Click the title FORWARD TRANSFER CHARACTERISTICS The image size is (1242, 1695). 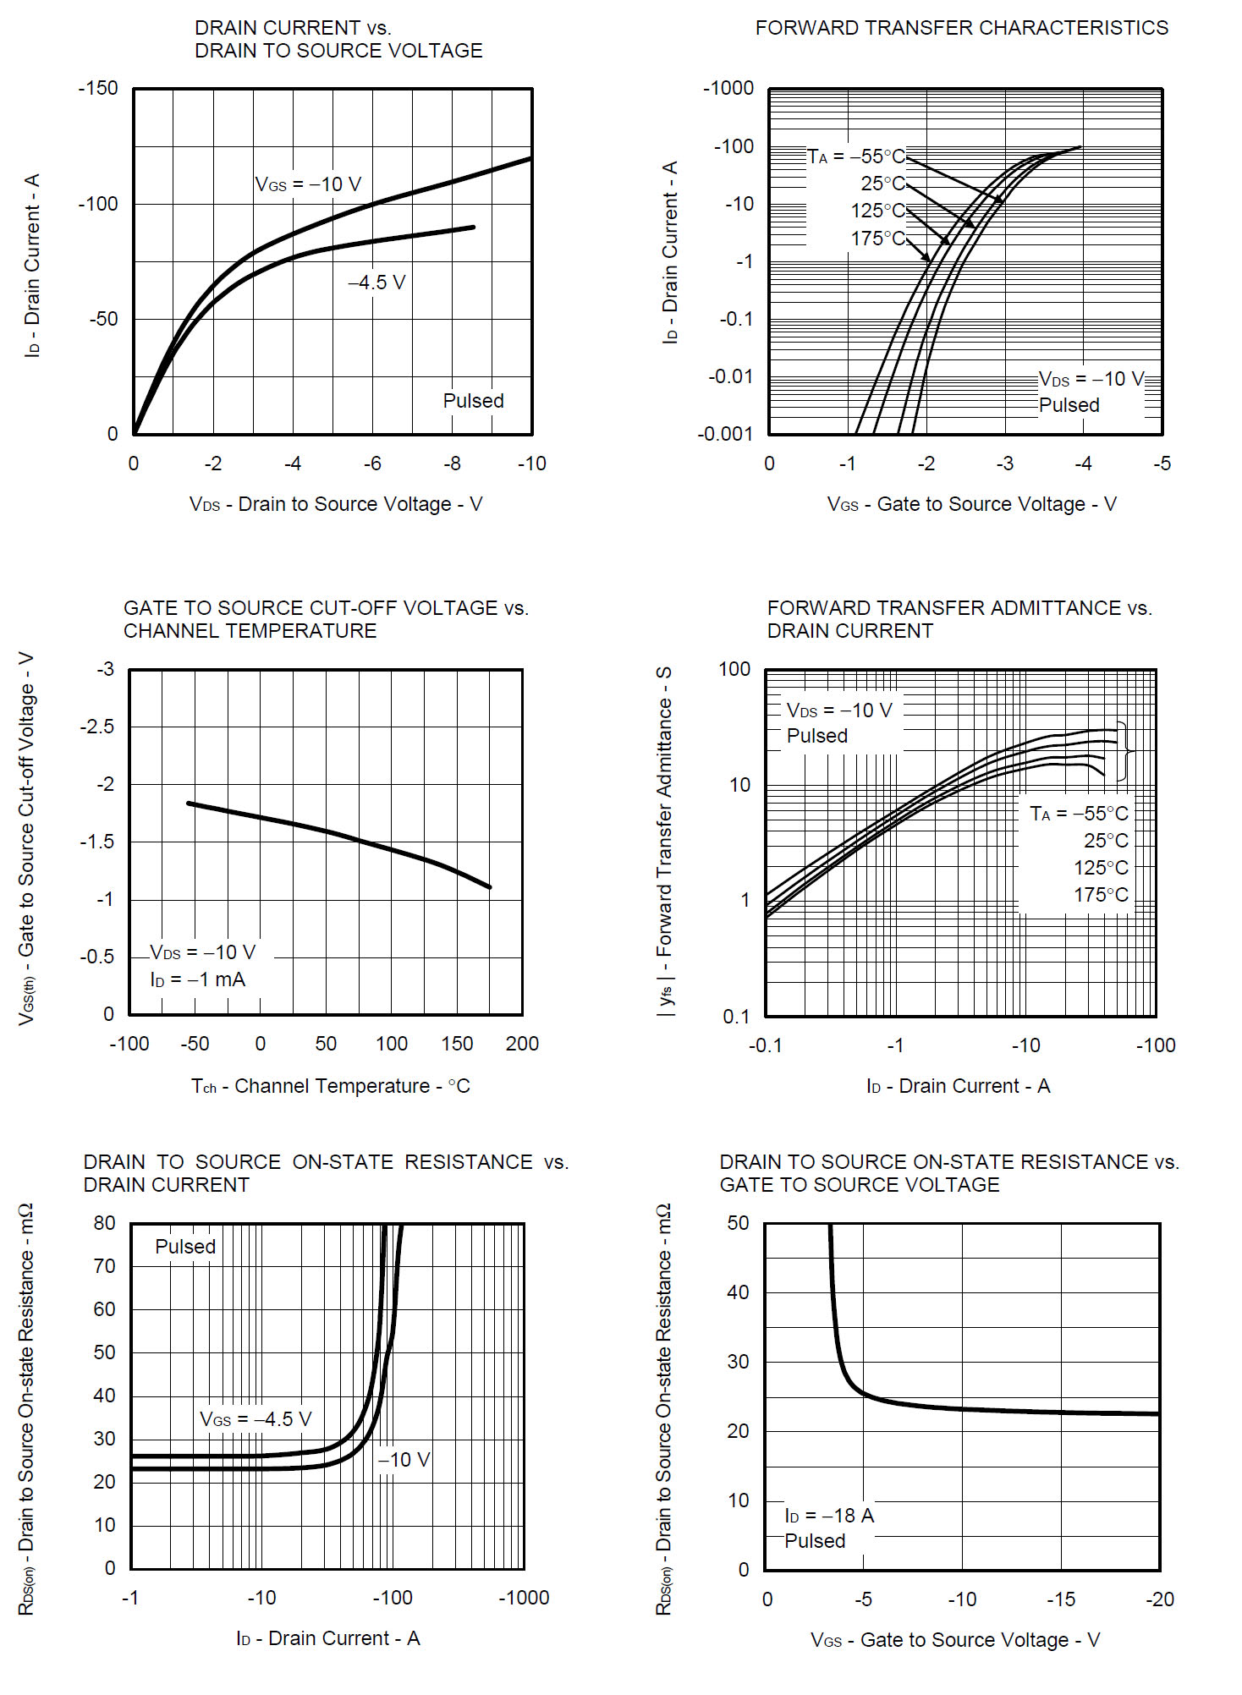pyautogui.click(x=961, y=28)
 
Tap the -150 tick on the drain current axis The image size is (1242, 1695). pyautogui.click(x=98, y=89)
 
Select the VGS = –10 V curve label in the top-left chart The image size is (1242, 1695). pyautogui.click(x=308, y=184)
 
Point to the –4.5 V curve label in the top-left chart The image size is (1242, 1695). pyautogui.click(x=376, y=282)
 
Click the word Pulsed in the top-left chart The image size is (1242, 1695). pyautogui.click(x=473, y=401)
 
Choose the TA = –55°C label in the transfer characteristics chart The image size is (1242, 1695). pyautogui.click(x=855, y=156)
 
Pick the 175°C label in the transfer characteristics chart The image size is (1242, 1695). pyautogui.click(x=877, y=239)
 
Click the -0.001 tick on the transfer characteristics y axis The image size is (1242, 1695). pyautogui.click(x=725, y=435)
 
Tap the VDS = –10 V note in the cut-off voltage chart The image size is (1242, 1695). pyautogui.click(x=202, y=952)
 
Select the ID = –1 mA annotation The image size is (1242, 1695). pyautogui.click(x=197, y=979)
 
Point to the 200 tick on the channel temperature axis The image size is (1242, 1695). pyautogui.click(x=522, y=1044)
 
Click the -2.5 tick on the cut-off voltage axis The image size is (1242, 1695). pyautogui.click(x=97, y=727)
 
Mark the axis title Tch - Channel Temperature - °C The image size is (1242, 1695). pyautogui.click(x=330, y=1086)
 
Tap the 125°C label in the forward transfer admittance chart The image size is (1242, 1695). pyautogui.click(x=1101, y=868)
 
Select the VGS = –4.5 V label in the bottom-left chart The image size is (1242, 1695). pyautogui.click(x=256, y=1419)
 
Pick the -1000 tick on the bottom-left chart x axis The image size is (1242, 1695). pyautogui.click(x=524, y=1598)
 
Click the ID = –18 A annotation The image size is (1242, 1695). pyautogui.click(x=829, y=1516)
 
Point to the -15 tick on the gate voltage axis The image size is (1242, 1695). pyautogui.click(x=1060, y=1599)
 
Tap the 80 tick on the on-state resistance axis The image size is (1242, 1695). pyautogui.click(x=104, y=1223)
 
